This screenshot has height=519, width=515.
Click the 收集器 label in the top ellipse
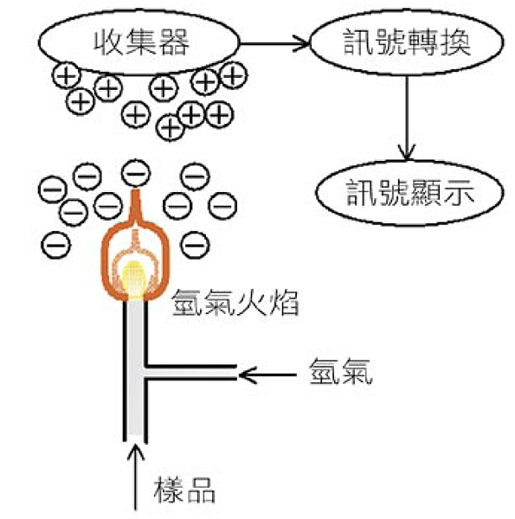coord(141,42)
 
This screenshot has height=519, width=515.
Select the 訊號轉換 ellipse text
coord(407,42)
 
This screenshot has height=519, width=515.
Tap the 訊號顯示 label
coord(410,193)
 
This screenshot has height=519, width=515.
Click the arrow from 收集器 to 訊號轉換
coord(274,43)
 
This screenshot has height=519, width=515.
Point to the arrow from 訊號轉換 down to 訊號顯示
coord(407,118)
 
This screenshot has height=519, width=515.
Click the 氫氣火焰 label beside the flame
coord(235,303)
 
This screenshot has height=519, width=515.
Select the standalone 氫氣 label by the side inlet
coord(341,372)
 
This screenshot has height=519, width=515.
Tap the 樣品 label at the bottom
coord(184,490)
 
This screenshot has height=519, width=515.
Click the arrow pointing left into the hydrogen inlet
coord(267,375)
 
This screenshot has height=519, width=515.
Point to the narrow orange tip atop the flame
coord(135,204)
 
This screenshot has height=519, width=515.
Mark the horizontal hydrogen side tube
coord(190,372)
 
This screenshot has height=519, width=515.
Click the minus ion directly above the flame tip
coord(136,173)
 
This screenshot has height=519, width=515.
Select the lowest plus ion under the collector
coord(171,127)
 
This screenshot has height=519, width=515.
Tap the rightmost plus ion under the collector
coord(234,75)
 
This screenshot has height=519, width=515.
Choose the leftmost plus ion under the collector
coord(67,76)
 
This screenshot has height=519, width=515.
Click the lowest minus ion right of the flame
coord(195,246)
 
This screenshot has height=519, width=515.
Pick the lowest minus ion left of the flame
coord(56,246)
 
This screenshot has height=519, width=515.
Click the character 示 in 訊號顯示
coord(460,193)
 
